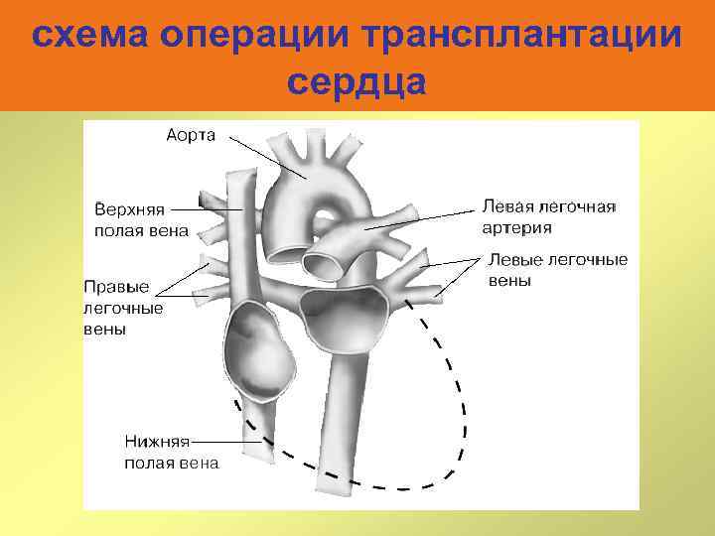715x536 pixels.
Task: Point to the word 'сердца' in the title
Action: point(357,81)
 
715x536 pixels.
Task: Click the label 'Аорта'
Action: point(191,135)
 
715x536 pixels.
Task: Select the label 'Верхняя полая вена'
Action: point(140,220)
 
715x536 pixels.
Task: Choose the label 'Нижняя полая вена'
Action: point(171,451)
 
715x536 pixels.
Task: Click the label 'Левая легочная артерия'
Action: point(548,216)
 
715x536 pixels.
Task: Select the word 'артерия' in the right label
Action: point(516,227)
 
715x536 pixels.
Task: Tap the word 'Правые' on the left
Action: point(116,286)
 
